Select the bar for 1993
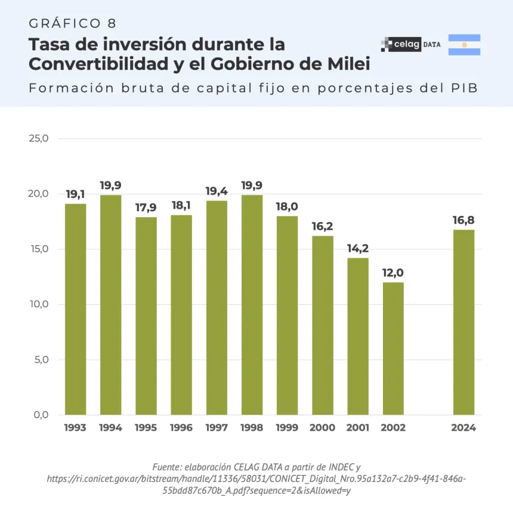pyautogui.click(x=75, y=309)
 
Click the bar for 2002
pyautogui.click(x=393, y=348)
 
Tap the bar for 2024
pyautogui.click(x=463, y=322)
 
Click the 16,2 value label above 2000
pyautogui.click(x=323, y=227)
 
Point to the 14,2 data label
pyautogui.click(x=358, y=249)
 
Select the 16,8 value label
pyautogui.click(x=463, y=220)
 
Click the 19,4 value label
pyautogui.click(x=217, y=191)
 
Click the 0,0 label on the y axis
pyautogui.click(x=41, y=415)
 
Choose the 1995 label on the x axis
pyautogui.click(x=146, y=428)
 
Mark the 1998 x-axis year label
pyautogui.click(x=252, y=428)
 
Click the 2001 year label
pyautogui.click(x=358, y=428)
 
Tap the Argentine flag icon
pyautogui.click(x=464, y=45)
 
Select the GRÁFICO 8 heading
pyautogui.click(x=72, y=23)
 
